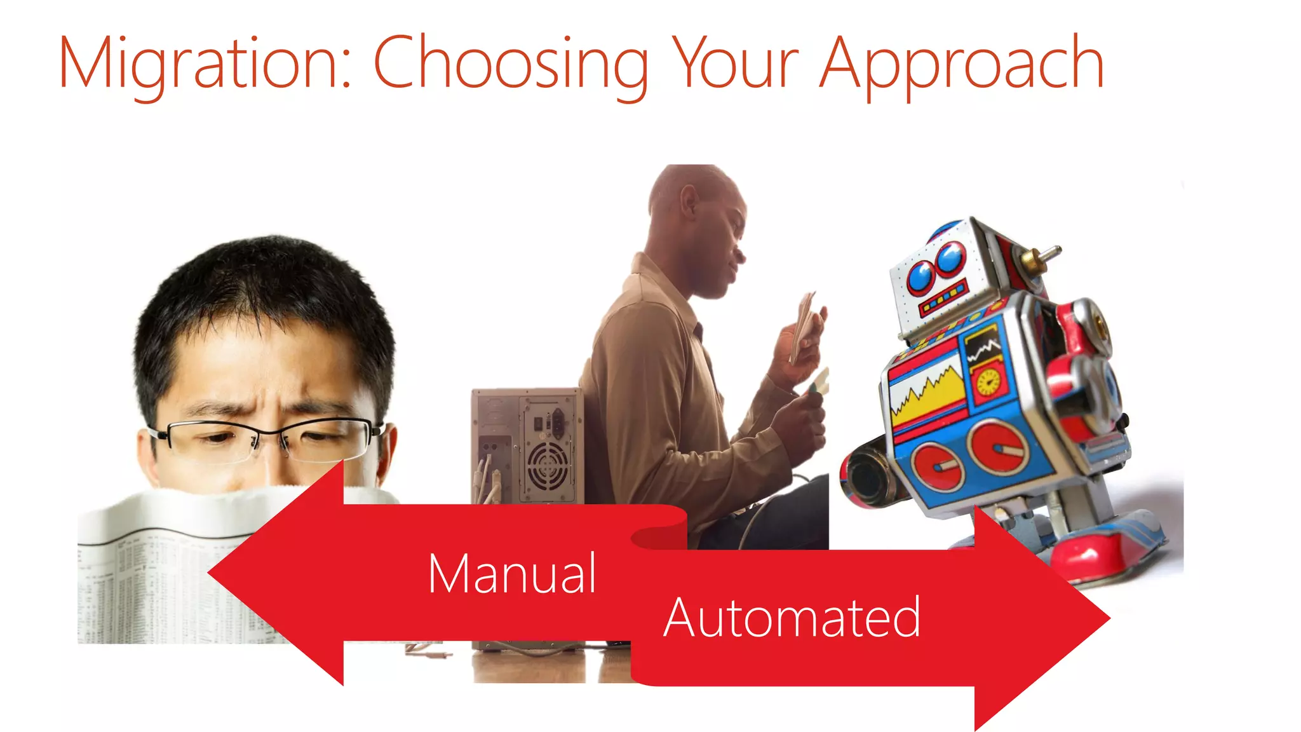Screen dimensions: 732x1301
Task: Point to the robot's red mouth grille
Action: (x=943, y=299)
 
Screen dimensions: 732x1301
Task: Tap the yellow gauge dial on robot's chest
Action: (x=988, y=381)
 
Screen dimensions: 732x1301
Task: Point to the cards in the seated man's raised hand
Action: (x=804, y=324)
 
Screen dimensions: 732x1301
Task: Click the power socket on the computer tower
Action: (x=557, y=423)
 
